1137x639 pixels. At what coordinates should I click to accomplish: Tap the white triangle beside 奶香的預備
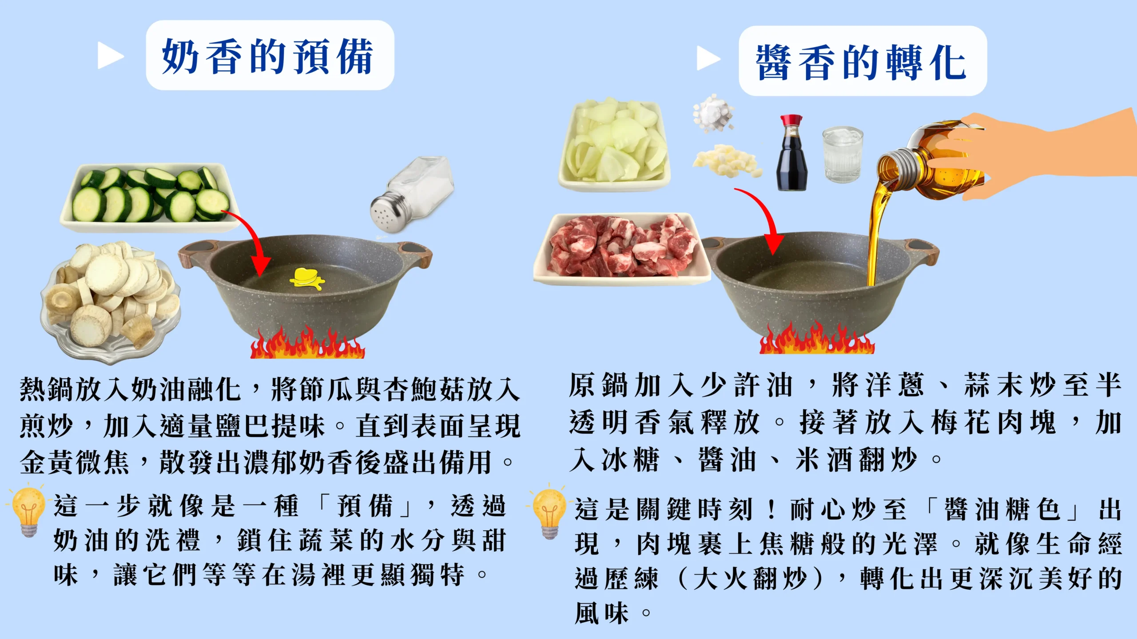click(110, 56)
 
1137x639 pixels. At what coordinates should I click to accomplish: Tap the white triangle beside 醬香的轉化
click(708, 58)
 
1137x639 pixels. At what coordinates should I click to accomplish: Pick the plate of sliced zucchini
click(150, 197)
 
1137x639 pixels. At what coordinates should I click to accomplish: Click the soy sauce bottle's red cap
click(791, 120)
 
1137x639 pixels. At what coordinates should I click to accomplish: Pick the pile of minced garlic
click(727, 161)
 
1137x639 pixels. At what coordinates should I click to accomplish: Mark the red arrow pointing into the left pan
click(251, 240)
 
